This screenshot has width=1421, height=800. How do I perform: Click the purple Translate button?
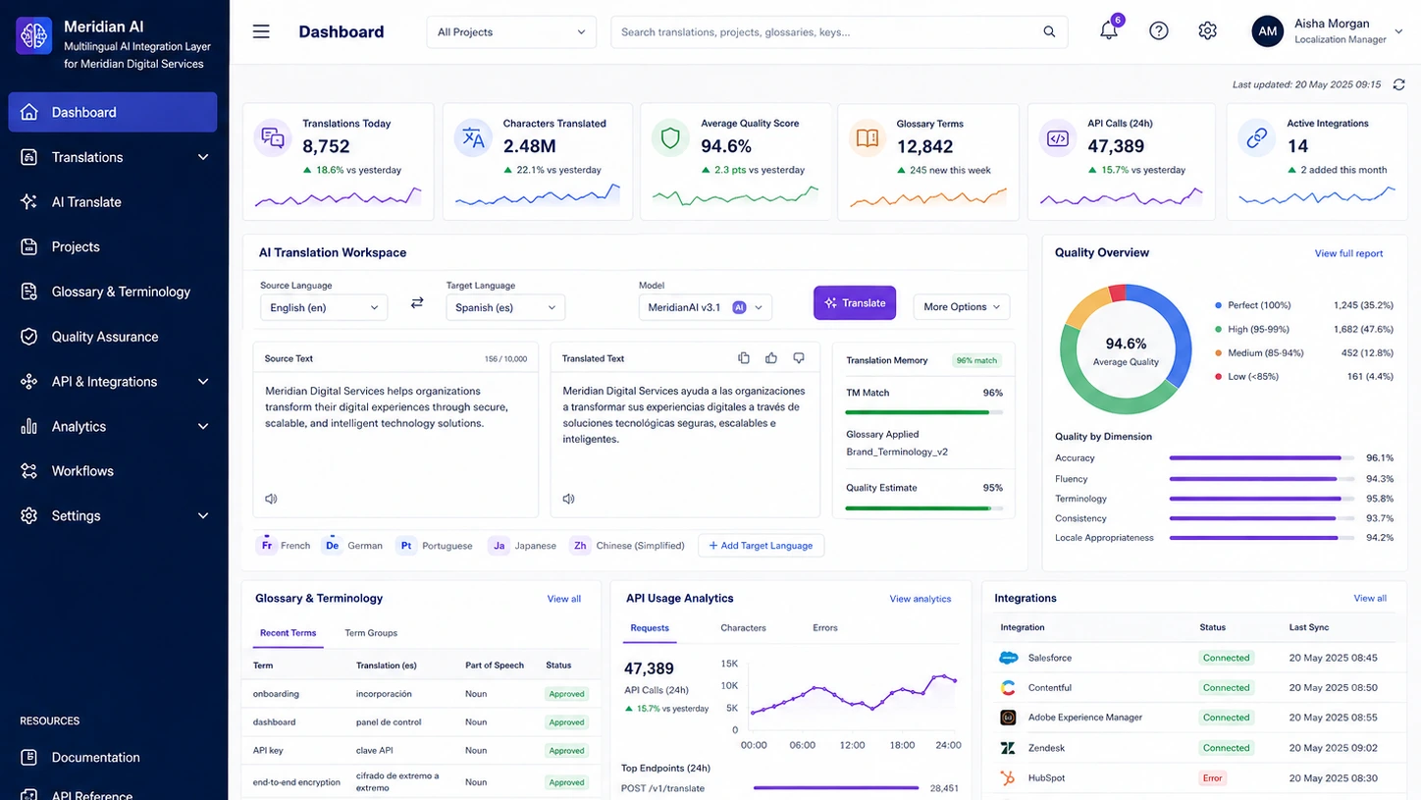[855, 303]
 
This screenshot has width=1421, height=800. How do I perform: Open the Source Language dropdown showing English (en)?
[324, 307]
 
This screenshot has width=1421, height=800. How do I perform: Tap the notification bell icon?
[1108, 30]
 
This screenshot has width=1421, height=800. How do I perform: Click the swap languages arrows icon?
[417, 303]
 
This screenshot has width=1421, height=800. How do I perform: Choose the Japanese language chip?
[522, 546]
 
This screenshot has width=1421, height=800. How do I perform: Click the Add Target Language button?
[761, 546]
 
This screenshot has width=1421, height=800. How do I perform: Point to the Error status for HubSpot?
[1212, 777]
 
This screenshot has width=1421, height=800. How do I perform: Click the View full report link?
[1348, 253]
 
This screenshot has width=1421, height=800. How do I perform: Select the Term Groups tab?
[371, 633]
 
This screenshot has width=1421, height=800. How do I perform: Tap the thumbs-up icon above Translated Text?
[770, 358]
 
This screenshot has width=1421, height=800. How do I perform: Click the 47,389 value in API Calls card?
[1116, 146]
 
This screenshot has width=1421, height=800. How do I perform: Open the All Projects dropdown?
[511, 31]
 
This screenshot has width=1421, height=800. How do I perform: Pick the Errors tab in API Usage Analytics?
[824, 628]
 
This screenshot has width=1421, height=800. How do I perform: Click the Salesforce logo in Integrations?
[1008, 658]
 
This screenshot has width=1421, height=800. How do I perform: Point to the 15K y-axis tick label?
[729, 664]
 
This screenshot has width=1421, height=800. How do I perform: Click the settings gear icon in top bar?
[1207, 30]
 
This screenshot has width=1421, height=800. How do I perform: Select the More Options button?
[961, 307]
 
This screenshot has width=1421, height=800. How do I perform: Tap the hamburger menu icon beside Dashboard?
[261, 31]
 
